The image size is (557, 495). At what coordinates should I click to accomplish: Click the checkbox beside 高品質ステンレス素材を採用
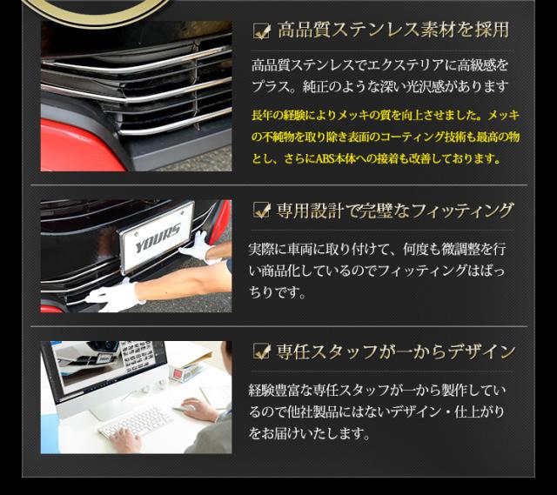(261, 31)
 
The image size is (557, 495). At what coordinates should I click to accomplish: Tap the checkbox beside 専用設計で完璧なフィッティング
(261, 210)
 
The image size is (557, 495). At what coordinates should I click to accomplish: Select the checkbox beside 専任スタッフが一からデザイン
(261, 351)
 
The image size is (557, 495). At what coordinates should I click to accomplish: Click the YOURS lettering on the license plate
(158, 237)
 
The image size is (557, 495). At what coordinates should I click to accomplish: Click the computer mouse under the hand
(185, 408)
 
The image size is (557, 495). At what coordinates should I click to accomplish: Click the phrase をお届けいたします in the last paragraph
(309, 433)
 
